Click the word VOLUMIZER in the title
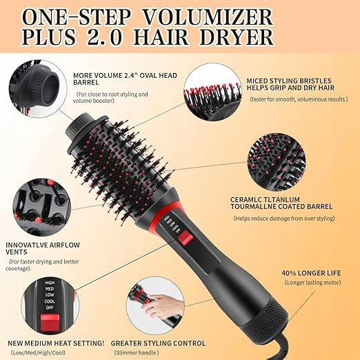[208, 17]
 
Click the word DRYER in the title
[237, 37]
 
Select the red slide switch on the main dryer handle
[185, 238]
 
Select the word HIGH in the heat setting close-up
[50, 283]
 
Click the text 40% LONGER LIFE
[311, 273]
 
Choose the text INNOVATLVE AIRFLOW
[43, 245]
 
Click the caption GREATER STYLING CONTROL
[158, 343]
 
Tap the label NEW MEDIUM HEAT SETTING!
[56, 343]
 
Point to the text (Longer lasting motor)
[313, 282]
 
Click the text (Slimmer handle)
[137, 352]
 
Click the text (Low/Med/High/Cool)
[38, 352]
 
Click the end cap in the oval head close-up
[43, 84]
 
